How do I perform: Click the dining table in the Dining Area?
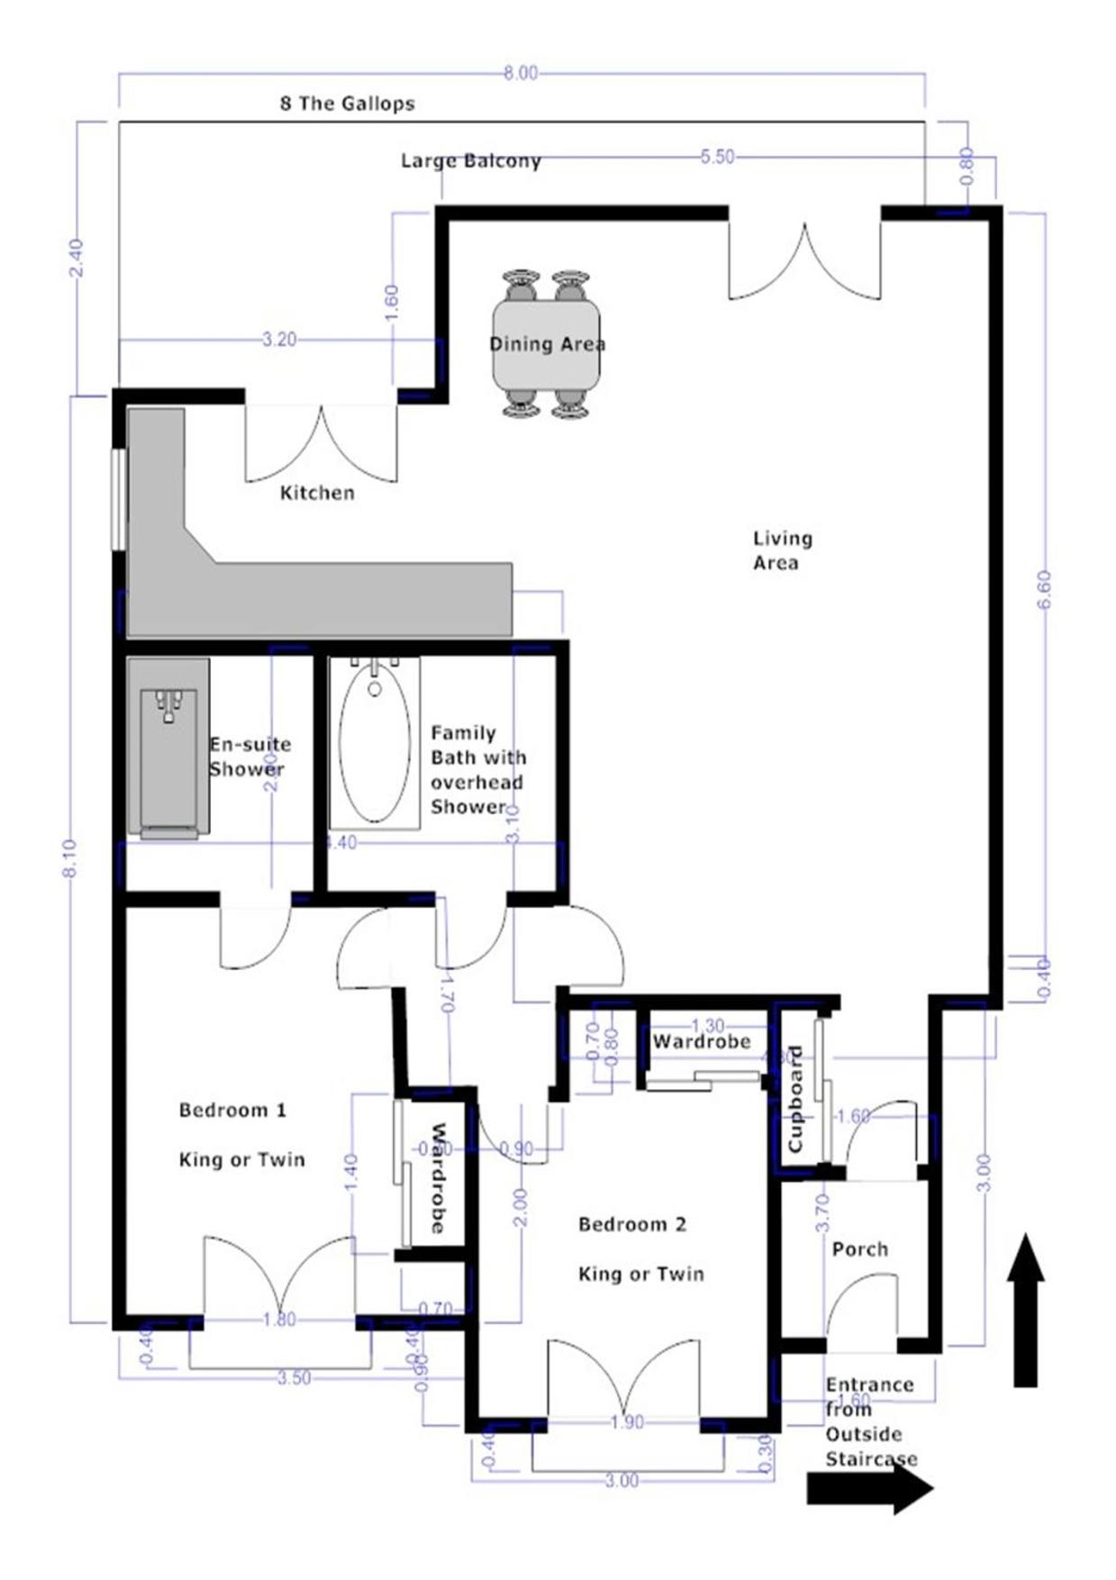coord(546,343)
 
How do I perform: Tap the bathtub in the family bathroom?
coord(375,744)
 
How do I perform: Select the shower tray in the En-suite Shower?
coord(168,746)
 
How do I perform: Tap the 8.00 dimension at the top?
coord(521,73)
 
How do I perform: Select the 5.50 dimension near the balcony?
coord(717,157)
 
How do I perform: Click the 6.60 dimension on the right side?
coord(1044,590)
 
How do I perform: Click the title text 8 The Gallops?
coord(347,104)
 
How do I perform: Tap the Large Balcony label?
coord(470,161)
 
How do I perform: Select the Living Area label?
coord(782,550)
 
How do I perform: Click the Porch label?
coord(859,1249)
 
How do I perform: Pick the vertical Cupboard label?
coord(795,1098)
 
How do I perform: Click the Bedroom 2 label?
coord(632,1224)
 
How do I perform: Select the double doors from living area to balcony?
coord(804,262)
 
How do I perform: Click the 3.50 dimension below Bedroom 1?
coord(294,1378)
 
